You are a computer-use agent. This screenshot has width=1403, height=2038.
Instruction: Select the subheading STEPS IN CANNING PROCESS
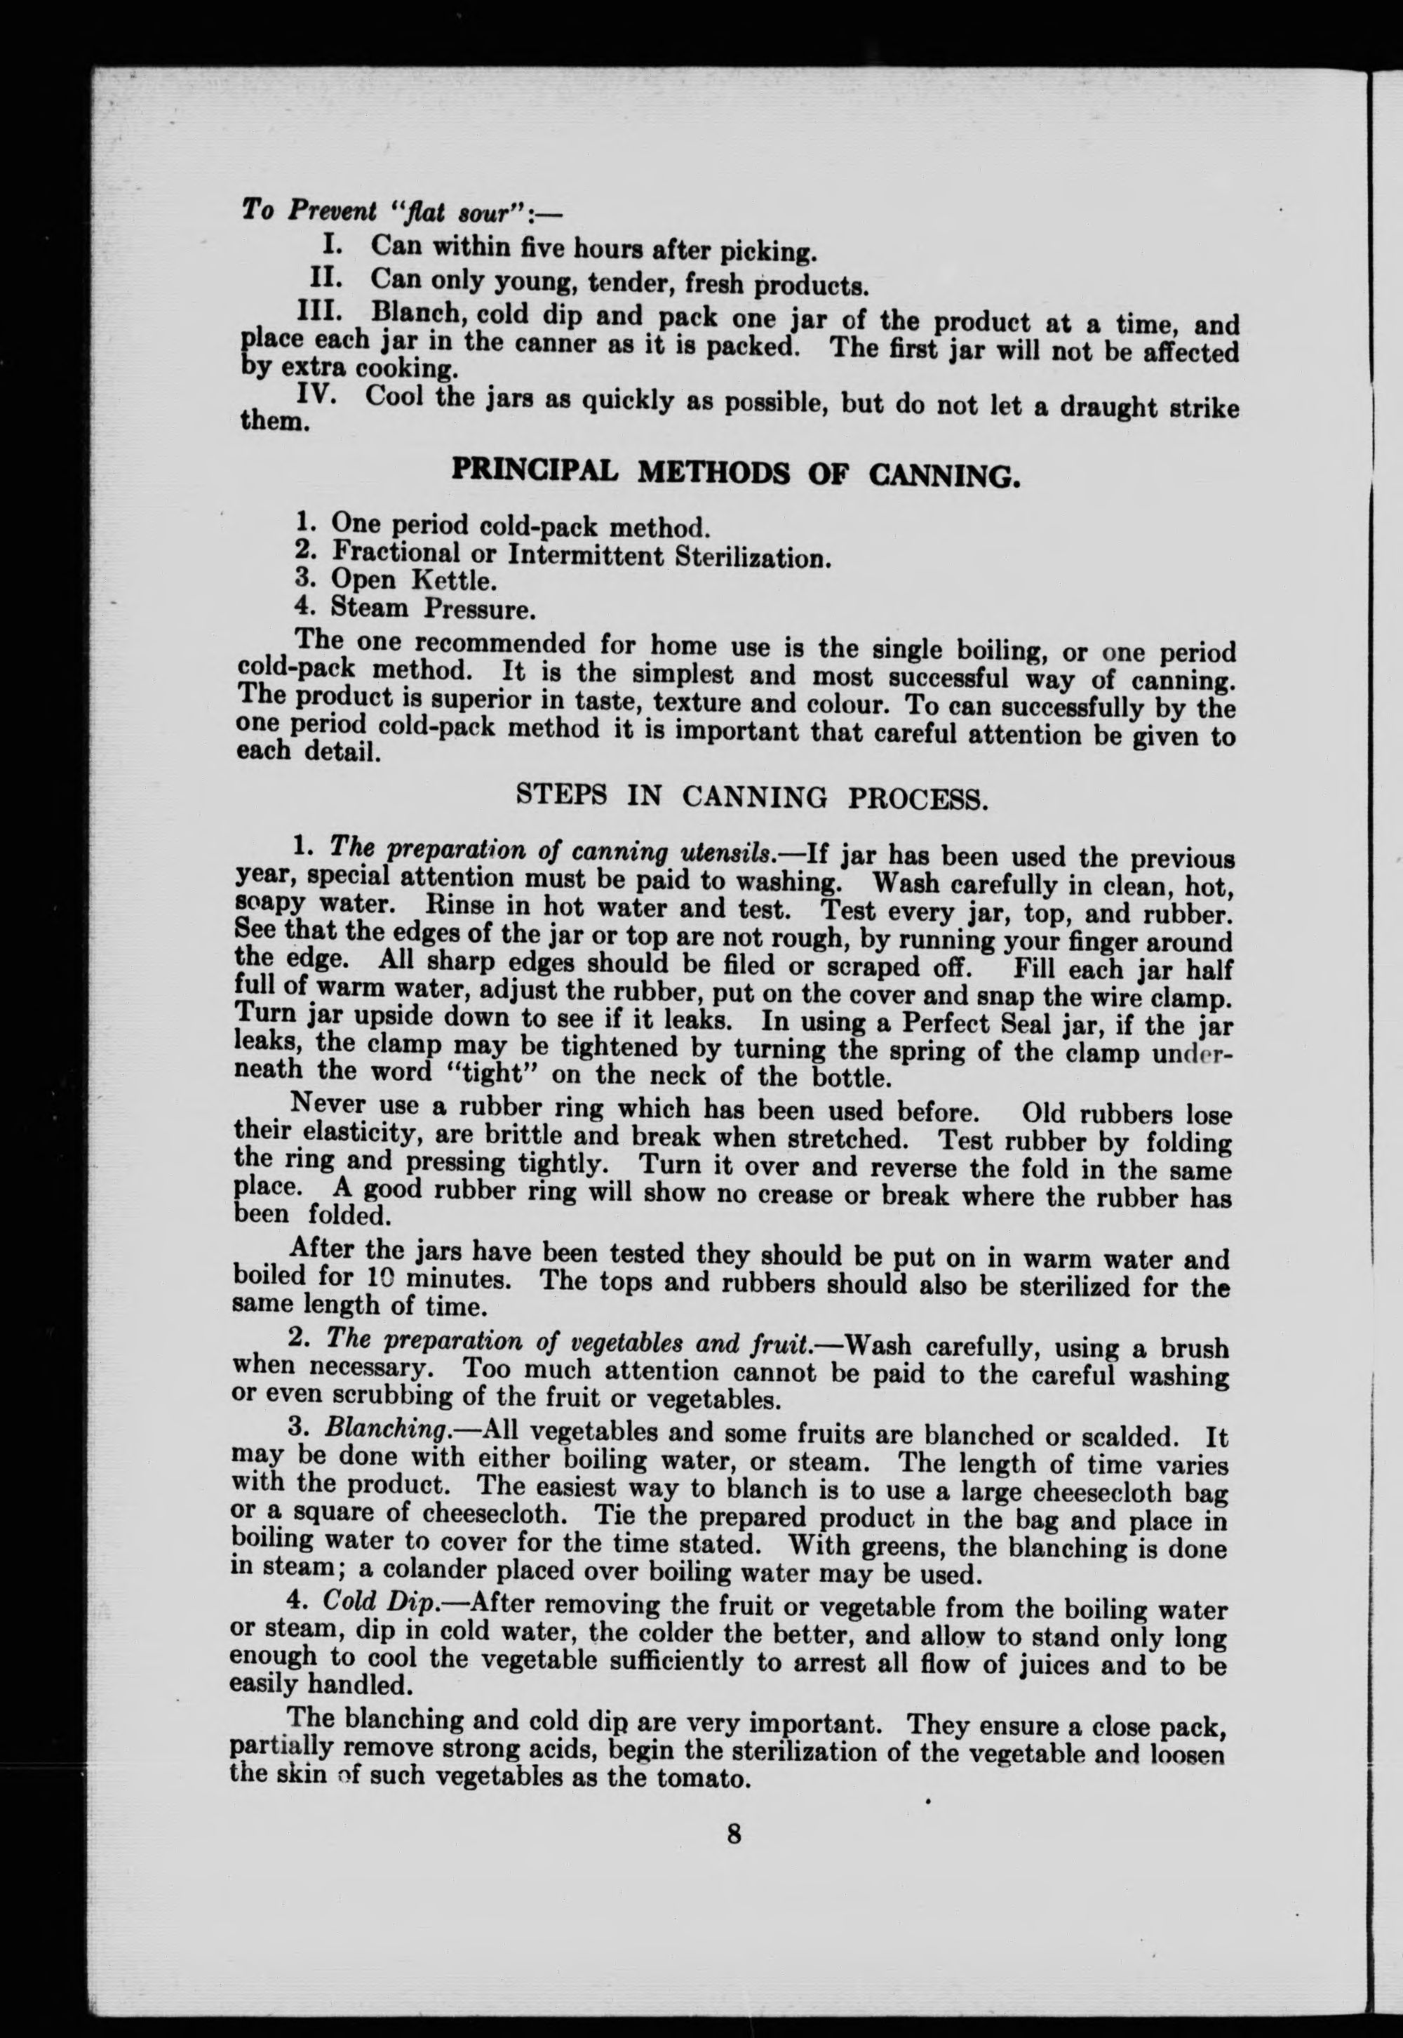pos(751,796)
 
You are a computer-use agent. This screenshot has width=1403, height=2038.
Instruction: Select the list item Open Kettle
pos(413,580)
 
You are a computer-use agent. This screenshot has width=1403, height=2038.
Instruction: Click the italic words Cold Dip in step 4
pos(380,1601)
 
